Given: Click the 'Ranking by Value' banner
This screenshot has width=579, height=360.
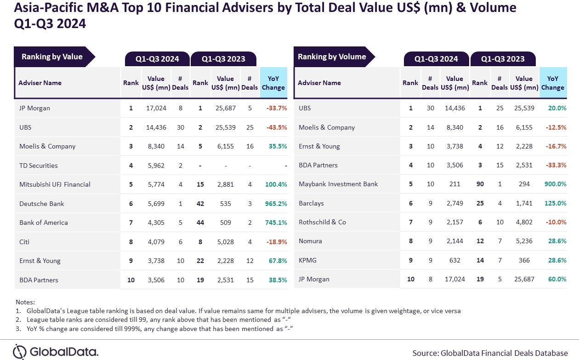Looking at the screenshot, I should tap(52, 57).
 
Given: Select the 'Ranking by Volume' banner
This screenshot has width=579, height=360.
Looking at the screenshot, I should tap(332, 57).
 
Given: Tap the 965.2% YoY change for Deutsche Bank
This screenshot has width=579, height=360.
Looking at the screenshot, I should tap(276, 204).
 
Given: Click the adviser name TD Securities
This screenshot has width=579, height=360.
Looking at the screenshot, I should tap(39, 166).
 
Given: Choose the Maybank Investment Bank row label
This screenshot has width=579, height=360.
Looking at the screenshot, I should tap(338, 184).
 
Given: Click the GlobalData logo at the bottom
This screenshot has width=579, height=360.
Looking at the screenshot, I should tap(56, 352).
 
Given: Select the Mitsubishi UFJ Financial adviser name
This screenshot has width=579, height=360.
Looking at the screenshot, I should tap(55, 184).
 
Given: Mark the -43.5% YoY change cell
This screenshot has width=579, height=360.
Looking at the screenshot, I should tap(276, 127).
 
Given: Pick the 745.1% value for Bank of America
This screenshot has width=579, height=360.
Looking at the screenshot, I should tap(276, 223).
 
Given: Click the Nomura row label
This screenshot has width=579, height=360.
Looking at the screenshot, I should tap(310, 241).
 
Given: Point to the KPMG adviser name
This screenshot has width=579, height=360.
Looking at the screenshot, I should tap(307, 260).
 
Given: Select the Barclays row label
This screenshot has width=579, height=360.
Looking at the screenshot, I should tap(311, 203).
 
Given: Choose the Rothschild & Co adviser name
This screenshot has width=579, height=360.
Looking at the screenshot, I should tap(322, 222).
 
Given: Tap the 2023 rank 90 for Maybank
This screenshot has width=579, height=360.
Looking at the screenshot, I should tap(480, 184).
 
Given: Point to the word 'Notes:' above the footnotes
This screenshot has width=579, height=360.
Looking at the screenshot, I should tap(25, 302).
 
